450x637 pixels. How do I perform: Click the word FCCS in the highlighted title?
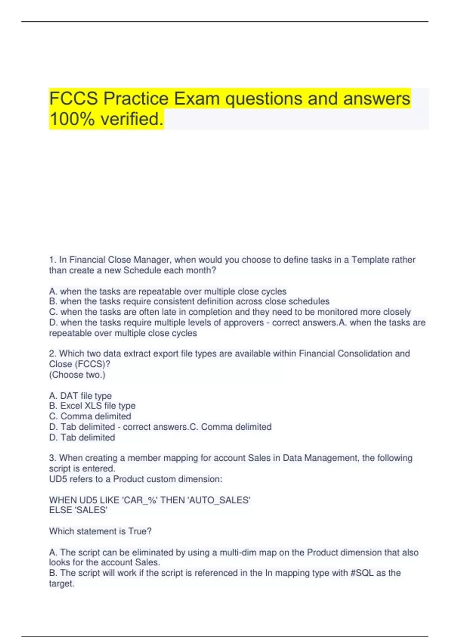[73, 99]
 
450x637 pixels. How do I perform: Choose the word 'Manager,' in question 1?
[153, 260]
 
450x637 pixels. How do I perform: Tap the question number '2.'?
[53, 353]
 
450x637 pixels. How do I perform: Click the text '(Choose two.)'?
[77, 375]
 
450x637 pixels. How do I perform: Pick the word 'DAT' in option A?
[69, 396]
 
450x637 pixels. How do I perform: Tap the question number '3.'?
[53, 458]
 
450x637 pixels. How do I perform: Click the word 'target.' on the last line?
[62, 584]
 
